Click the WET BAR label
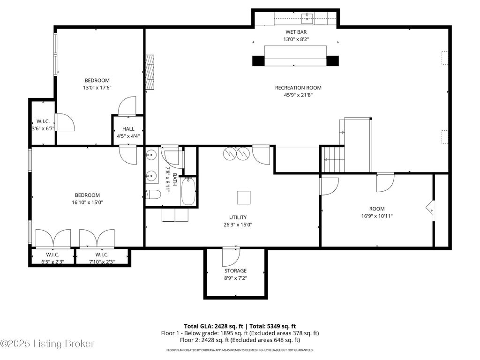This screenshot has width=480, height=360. tap(296, 32)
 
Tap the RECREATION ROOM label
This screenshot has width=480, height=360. tap(298, 88)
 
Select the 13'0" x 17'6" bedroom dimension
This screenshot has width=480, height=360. tap(97, 88)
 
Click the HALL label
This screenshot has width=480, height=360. tap(128, 129)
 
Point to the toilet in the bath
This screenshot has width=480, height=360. tap(153, 195)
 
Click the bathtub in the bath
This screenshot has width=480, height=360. tap(188, 192)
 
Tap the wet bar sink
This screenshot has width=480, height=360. tap(307, 18)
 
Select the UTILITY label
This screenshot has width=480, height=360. tap(238, 217)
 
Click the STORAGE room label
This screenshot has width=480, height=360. tap(235, 271)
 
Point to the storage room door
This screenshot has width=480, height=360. tap(231, 257)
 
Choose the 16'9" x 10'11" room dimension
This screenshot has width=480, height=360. tap(377, 216)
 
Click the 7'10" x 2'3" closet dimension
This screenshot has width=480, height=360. tap(102, 262)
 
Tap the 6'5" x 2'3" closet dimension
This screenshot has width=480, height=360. tap(52, 262)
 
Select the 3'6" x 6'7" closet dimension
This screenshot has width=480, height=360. tap(43, 128)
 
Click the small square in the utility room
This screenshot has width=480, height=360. tap(244, 197)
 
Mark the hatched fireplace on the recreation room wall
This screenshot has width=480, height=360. tap(150, 72)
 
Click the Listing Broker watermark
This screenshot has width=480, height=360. tap(47, 344)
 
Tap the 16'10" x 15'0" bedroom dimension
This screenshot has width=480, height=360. tap(87, 202)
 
